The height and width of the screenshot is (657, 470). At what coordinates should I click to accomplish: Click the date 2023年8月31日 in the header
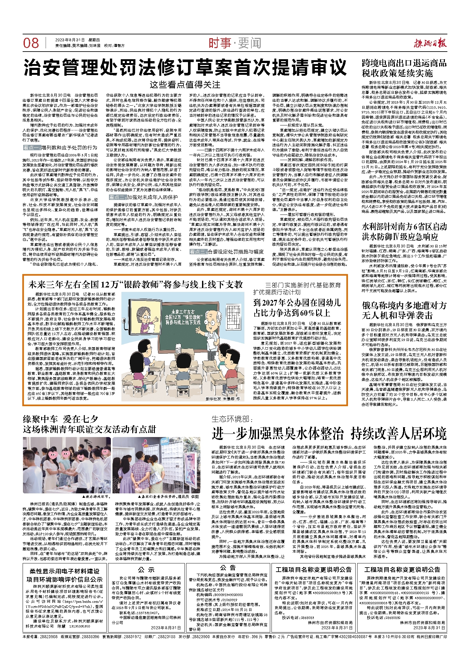[70, 40]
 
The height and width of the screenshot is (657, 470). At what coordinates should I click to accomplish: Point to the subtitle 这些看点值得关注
[185, 85]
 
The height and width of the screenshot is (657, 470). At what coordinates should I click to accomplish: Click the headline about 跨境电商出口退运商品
[404, 68]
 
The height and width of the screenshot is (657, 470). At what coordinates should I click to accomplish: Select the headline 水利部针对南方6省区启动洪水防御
[404, 232]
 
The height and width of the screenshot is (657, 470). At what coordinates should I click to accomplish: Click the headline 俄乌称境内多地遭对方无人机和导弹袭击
[404, 310]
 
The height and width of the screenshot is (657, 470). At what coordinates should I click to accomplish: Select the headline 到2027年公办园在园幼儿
[297, 307]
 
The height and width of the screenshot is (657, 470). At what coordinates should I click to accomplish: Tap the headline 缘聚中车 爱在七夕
[61, 419]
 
